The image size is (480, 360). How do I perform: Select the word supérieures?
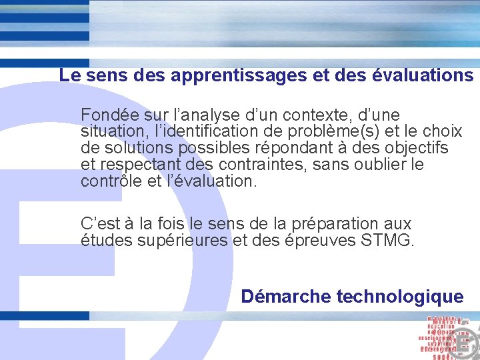[180, 241]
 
